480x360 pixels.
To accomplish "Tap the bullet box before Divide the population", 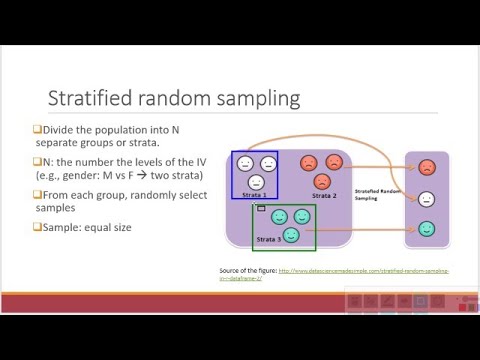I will (35, 130).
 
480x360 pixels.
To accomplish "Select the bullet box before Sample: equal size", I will (35, 227).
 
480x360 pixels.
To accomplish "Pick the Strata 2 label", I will (325, 195).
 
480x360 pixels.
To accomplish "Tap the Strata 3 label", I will (269, 240).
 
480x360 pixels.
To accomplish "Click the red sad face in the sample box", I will (427, 168).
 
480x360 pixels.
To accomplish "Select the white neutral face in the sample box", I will (427, 198).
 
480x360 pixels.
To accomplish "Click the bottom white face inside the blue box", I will (256, 181).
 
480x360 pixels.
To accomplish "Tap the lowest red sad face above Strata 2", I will (322, 181).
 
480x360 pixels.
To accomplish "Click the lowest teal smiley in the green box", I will (291, 234).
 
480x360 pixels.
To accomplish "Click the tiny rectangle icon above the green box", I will (261, 208).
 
